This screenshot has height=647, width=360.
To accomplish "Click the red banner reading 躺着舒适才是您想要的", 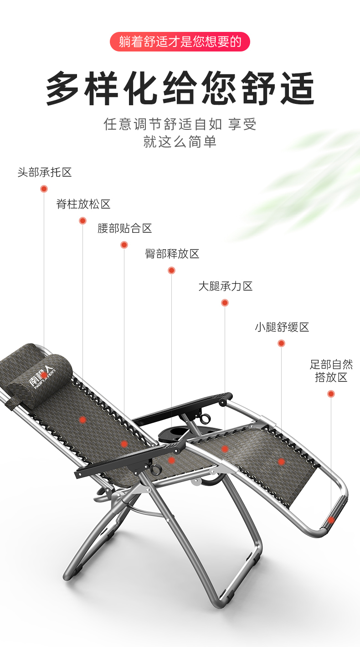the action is (x=180, y=42).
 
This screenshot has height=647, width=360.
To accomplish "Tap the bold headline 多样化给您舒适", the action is (x=180, y=88).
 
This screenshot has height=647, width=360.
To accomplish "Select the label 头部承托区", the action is (x=45, y=173).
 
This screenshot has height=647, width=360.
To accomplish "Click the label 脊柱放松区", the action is (x=83, y=204).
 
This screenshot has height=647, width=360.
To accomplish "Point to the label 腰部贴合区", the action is (x=124, y=228).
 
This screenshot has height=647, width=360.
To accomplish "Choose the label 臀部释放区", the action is (x=172, y=254).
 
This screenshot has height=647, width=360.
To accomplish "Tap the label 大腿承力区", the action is (x=225, y=286).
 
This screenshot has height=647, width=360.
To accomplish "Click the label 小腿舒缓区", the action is (x=282, y=327).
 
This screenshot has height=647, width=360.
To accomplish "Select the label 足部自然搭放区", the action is (x=331, y=371).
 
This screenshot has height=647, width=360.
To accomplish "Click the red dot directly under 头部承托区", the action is (x=44, y=189).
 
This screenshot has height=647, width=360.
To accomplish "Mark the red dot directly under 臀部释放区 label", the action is (x=171, y=270).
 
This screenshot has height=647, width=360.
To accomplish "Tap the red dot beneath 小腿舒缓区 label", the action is (x=281, y=343).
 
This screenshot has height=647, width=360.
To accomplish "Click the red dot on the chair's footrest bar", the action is (x=331, y=520).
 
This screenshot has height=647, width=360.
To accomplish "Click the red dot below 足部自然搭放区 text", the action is (x=331, y=393).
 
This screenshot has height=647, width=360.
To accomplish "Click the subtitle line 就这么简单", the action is (x=180, y=142).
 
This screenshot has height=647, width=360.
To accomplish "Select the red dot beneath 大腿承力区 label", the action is (x=225, y=303).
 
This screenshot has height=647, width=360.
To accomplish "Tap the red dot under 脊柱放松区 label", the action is (x=82, y=221).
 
